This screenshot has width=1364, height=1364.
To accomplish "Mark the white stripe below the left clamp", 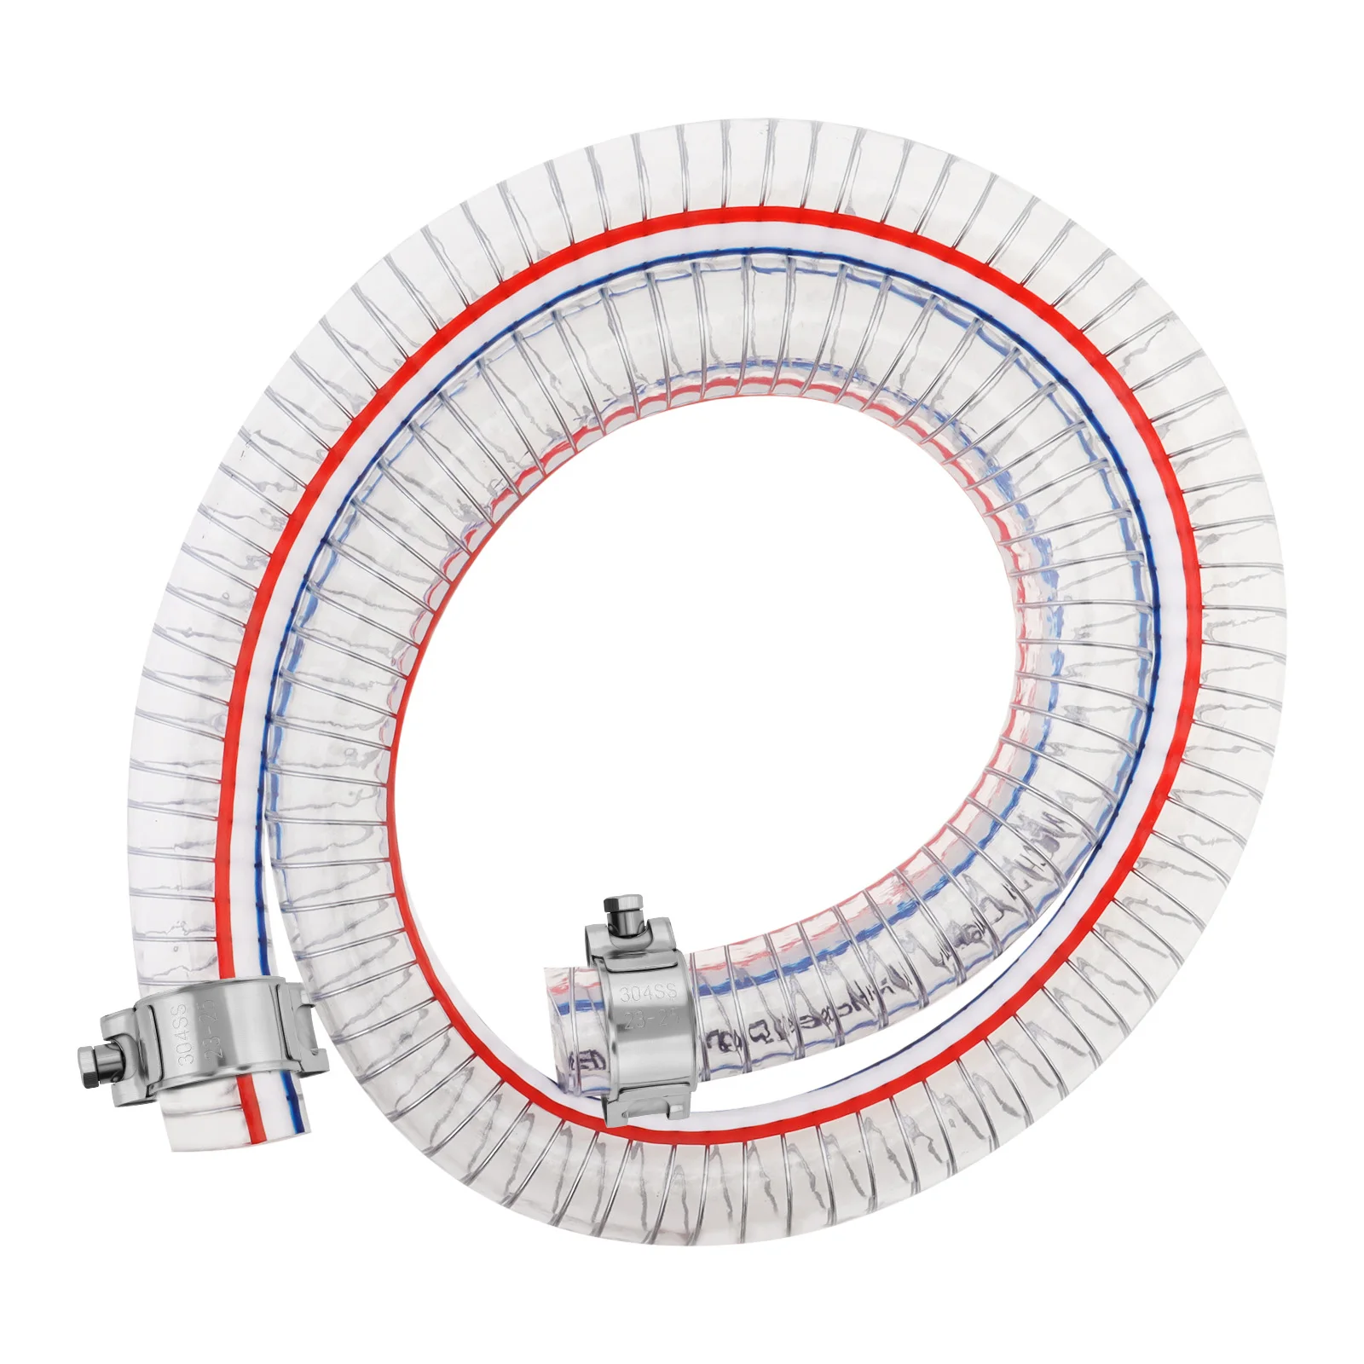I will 271,1108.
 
